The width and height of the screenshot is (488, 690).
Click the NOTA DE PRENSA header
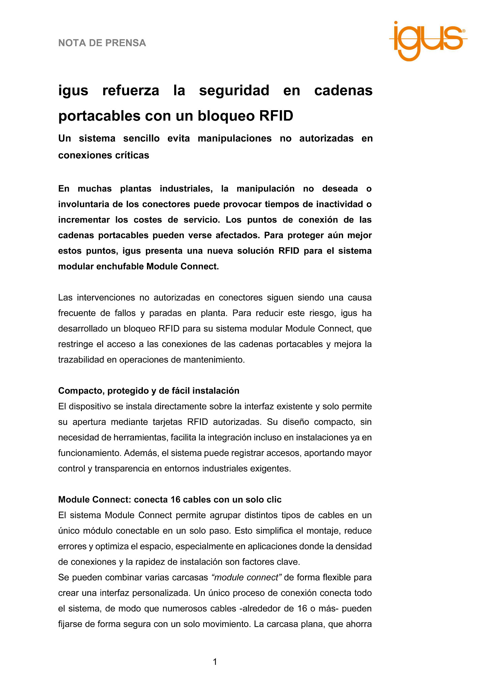coord(102,43)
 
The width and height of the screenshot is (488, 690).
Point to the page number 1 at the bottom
coord(215,662)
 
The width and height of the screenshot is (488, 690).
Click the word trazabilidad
coord(81,360)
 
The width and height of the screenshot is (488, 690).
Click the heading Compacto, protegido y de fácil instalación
coord(149,391)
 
